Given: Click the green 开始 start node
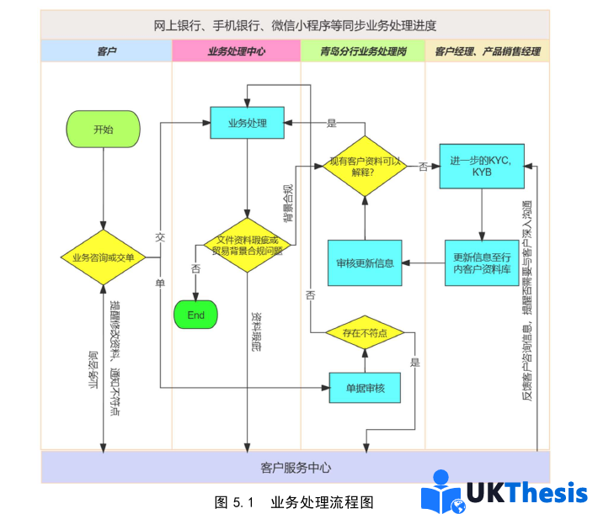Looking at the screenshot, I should (103, 130).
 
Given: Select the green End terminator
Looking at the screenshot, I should (195, 315).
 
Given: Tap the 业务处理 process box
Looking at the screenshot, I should (247, 124).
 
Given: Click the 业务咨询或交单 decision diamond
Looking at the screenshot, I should (103, 257).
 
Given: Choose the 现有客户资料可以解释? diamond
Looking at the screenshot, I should (365, 167).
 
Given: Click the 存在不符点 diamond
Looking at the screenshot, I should (365, 333).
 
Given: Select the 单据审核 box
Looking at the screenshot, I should (365, 387).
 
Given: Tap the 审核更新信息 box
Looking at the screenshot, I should (365, 262).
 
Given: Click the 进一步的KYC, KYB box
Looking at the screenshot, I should (482, 166).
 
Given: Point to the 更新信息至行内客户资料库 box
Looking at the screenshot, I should (482, 262).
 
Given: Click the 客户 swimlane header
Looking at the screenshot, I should (106, 51).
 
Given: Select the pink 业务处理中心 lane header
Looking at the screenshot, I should (237, 51).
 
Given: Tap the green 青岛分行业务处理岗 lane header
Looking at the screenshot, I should (363, 51).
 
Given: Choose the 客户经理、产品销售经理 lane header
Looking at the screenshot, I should (487, 51).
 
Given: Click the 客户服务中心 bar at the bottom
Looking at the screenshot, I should (295, 468).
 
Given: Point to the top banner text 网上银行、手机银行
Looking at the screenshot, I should (295, 25).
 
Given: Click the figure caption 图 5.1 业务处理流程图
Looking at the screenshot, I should (294, 502).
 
